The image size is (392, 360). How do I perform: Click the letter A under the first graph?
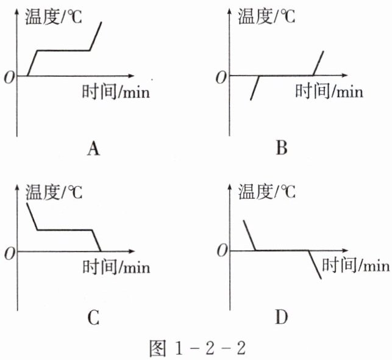click(93, 148)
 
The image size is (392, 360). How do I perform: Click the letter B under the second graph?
click(281, 148)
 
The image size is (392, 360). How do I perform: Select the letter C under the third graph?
click(93, 317)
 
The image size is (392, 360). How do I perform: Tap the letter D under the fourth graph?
click(281, 317)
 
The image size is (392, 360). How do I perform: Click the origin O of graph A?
click(9, 77)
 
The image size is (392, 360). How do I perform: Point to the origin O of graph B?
click(221, 77)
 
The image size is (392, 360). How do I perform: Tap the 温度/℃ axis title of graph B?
click(266, 16)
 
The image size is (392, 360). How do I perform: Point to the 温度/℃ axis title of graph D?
click(266, 192)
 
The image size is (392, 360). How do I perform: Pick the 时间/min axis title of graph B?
click(329, 92)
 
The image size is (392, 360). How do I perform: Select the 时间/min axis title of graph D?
click(355, 265)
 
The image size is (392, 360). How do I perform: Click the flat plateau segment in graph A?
click(63, 50)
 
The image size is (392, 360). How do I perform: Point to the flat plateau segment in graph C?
click(65, 230)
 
